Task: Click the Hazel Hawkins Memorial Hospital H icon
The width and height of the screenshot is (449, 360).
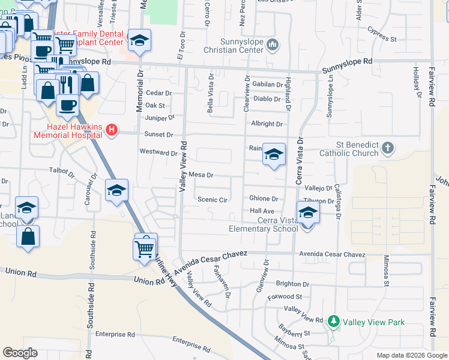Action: click(110, 130)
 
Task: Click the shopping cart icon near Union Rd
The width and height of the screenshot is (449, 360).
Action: click(145, 246)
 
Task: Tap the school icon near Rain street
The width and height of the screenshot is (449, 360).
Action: click(274, 155)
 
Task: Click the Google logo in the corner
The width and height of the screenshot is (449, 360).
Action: click(20, 352)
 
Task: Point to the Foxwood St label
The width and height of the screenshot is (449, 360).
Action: click(285, 296)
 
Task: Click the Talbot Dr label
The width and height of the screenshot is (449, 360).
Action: click(62, 174)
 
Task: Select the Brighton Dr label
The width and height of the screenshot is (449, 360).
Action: click(292, 284)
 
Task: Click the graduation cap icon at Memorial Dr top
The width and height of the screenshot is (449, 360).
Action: click(139, 40)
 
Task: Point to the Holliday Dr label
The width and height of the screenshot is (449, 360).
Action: click(415, 76)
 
